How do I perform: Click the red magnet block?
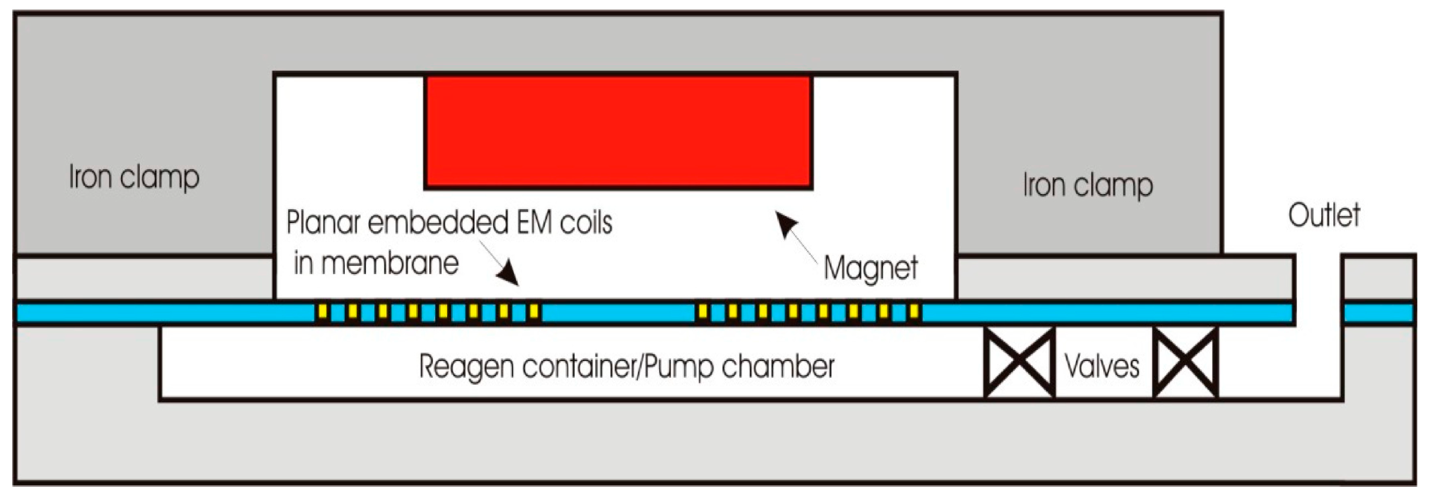[x=618, y=132]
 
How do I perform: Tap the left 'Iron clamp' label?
[x=134, y=178]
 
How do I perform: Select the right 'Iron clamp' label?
[x=1088, y=185]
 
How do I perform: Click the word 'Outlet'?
[x=1324, y=215]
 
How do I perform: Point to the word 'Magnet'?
[x=870, y=268]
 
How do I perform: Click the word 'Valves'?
[x=1102, y=366]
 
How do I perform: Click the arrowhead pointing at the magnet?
[x=785, y=223]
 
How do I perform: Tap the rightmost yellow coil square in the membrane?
[x=914, y=312]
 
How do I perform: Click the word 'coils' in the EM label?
[x=586, y=222]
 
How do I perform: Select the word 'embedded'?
[x=438, y=222]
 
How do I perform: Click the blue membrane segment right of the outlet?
[x=1378, y=313]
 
